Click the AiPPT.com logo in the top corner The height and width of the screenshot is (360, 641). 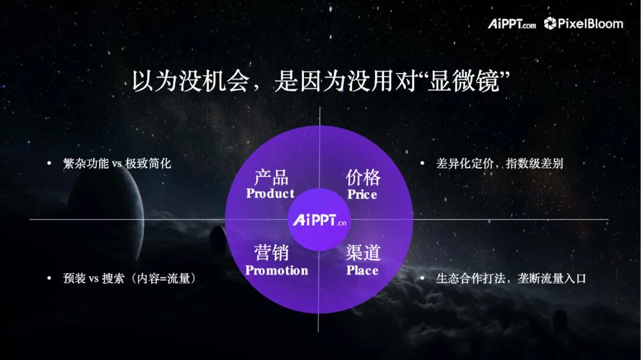tap(512, 24)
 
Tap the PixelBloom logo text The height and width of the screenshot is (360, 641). tap(591, 24)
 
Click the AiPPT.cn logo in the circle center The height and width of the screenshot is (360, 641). tap(319, 220)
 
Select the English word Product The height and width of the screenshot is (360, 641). tap(270, 193)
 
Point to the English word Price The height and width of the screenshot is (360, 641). tap(362, 194)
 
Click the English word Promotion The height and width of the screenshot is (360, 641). tap(277, 270)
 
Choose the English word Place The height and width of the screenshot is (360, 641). tap(363, 270)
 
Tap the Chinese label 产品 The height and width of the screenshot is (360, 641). tap(271, 178)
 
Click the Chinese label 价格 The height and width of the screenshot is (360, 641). tap(363, 178)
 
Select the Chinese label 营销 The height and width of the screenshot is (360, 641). tap(271, 253)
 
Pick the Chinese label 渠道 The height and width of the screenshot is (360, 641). tap(363, 253)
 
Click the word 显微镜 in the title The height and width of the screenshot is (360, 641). tap(464, 81)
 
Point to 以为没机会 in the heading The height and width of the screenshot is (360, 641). tap(191, 81)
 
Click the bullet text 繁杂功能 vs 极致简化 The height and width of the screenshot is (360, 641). tap(117, 164)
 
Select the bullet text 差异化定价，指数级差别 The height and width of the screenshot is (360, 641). tap(500, 164)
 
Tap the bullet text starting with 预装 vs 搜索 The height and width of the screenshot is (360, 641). tap(130, 278)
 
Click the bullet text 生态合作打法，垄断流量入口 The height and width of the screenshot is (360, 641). tap(511, 278)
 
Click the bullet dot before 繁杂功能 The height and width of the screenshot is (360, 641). tap(49, 164)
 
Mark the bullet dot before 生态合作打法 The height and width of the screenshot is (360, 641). tap(423, 278)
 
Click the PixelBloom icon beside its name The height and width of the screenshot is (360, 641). tap(550, 23)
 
